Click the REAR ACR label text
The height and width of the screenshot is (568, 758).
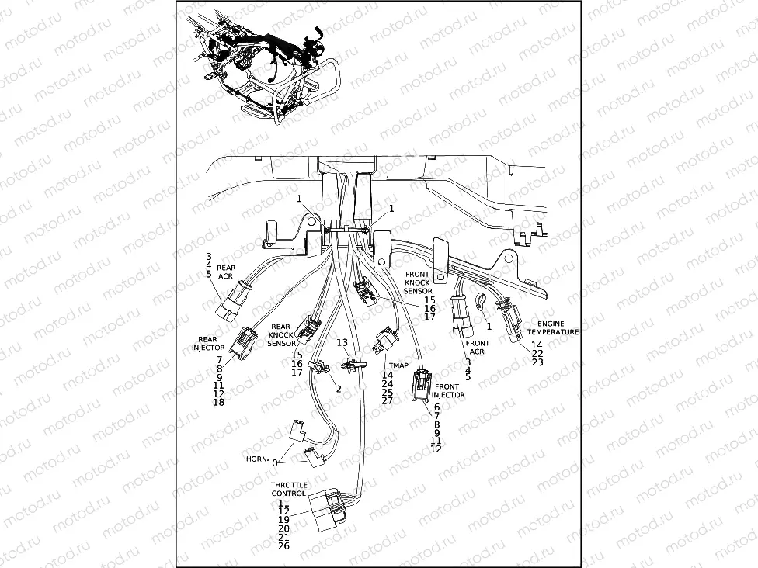(226, 271)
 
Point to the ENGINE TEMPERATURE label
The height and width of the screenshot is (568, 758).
(552, 327)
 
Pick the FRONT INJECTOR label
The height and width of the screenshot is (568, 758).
(449, 390)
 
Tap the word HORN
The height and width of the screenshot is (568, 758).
(256, 459)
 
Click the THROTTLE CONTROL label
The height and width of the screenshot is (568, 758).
(288, 489)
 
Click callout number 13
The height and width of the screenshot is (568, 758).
(342, 343)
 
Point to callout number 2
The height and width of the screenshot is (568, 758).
(339, 389)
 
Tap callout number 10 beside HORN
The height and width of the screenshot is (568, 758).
(272, 462)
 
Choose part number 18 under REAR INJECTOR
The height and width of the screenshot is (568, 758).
(219, 403)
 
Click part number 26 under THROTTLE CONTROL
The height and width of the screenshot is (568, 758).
(283, 546)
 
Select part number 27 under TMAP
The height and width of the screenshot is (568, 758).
(387, 400)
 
